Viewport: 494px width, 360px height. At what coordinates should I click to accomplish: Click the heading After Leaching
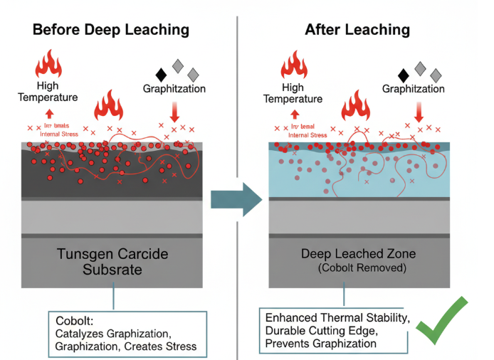coord(357,30)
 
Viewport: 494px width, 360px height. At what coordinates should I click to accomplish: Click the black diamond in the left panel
coord(161,73)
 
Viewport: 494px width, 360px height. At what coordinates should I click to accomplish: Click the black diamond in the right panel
coord(404,74)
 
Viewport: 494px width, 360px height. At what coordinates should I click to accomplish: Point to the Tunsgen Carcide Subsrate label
coord(113,262)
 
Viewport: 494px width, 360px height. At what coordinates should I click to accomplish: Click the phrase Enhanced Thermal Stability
coord(337,317)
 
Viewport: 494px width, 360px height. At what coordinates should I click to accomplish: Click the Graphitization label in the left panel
coord(174,89)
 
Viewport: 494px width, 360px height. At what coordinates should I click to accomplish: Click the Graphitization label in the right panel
coord(414,89)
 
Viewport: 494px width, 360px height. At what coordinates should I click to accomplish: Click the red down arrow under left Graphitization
coord(175,112)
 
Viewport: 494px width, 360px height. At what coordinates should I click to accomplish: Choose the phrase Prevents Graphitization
coord(320,344)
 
